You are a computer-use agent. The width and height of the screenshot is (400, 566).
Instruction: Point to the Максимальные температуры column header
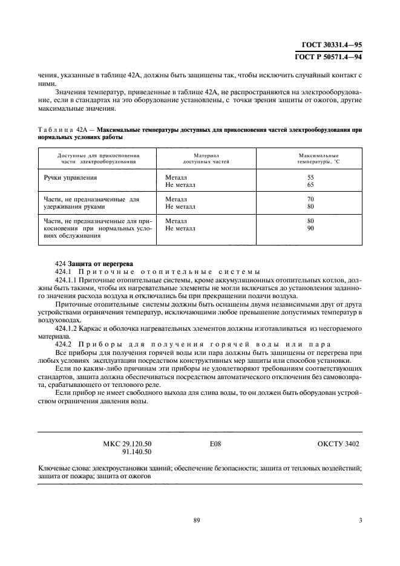tap(319, 158)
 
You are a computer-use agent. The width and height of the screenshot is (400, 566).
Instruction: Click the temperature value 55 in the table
tap(310, 177)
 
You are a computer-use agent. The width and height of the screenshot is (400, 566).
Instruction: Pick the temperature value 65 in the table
tap(310, 184)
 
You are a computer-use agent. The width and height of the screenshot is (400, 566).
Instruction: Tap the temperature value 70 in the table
tap(310, 198)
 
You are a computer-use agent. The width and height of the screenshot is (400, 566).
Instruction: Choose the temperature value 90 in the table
tap(310, 229)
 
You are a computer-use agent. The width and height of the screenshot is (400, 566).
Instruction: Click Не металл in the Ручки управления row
tap(180, 184)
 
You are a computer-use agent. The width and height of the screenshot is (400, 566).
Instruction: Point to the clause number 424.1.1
tap(66, 280)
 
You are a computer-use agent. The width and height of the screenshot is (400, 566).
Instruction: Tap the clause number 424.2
tap(64, 343)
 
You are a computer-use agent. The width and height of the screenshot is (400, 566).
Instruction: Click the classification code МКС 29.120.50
tap(128, 443)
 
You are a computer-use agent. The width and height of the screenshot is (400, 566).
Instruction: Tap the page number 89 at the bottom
tap(197, 520)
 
